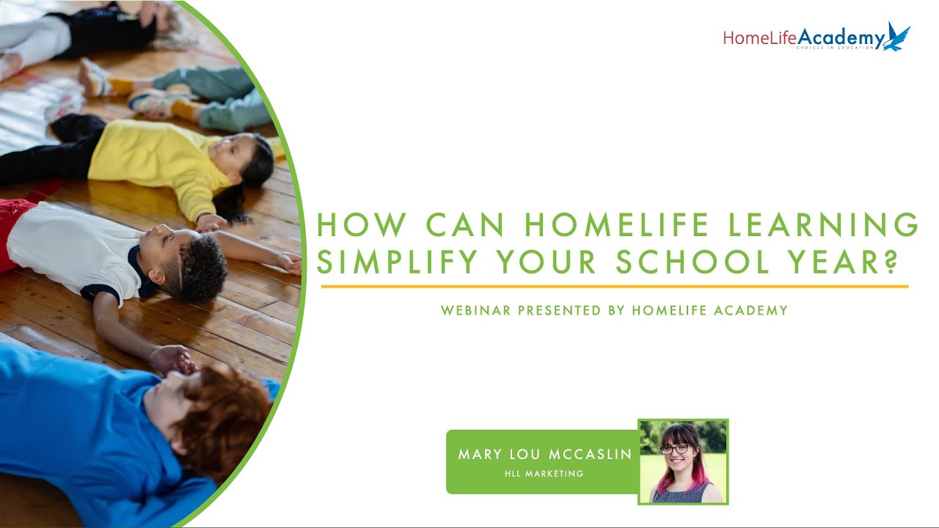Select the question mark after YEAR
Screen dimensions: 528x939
[x=889, y=262]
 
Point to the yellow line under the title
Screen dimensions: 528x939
[x=615, y=287]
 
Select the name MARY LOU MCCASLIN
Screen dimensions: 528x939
[x=545, y=455]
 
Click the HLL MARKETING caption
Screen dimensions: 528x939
[x=544, y=474]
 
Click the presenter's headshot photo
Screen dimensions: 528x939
[x=683, y=462]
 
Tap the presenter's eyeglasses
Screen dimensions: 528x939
[x=675, y=449]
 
